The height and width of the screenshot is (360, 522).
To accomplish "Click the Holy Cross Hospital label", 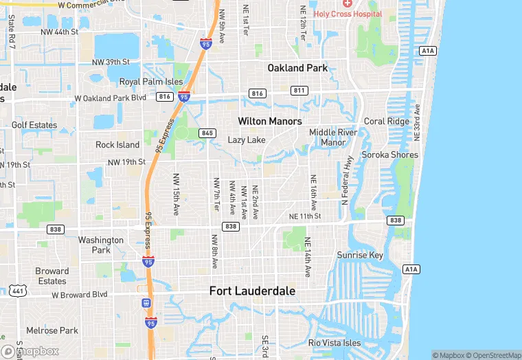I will (353, 13).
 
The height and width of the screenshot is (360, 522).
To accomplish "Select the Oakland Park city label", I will (297, 68).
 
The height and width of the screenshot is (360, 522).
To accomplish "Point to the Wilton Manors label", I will (269, 121).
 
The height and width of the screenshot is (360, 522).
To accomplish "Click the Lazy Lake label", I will (247, 140).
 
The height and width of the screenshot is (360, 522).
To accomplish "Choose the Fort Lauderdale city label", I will (252, 291).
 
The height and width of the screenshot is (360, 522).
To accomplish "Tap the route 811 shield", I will (299, 90).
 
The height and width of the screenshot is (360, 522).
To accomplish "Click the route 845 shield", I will (207, 133).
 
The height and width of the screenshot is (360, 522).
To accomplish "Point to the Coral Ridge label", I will (386, 122).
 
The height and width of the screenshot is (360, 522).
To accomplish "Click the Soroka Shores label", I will (389, 155).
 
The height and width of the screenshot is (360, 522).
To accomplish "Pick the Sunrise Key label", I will (360, 256).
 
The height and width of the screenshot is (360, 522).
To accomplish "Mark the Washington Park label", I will (101, 245).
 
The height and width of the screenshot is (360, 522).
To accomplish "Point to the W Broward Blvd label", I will (80, 294).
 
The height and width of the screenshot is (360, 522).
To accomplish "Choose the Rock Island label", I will (117, 145).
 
